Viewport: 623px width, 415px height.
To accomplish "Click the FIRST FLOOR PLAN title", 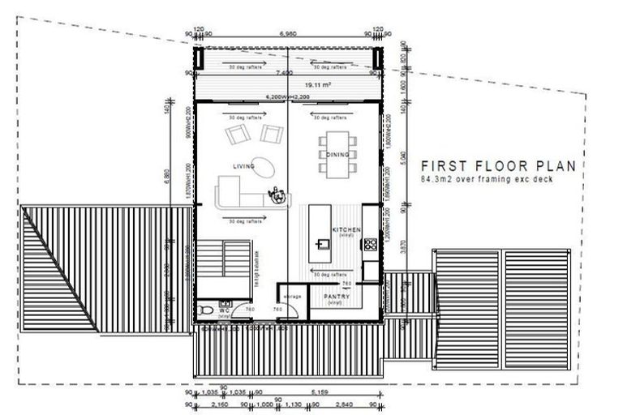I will tap(497, 165).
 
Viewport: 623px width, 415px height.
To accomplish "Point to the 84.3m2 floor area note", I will tap(487, 179).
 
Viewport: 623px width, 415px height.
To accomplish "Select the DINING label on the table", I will tap(337, 154).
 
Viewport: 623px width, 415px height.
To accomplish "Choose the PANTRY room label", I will tap(336, 297).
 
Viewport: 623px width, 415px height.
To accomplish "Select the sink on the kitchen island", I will tap(322, 242).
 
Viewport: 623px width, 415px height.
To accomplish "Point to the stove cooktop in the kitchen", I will tap(371, 242).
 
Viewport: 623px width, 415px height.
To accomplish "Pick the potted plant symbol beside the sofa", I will tap(280, 195).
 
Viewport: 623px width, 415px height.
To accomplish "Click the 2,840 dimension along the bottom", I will tap(345, 404).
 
